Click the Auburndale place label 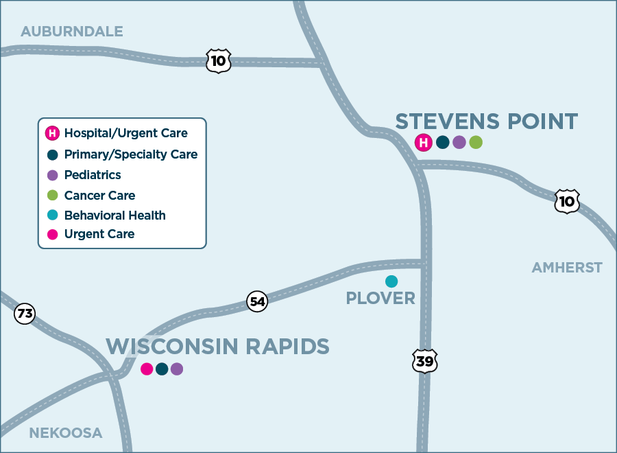tap(72, 32)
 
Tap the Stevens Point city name tap(487, 122)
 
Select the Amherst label tap(567, 268)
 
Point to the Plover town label tap(380, 299)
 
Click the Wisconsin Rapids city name tap(217, 347)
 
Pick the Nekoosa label tap(66, 433)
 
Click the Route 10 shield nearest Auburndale tap(219, 61)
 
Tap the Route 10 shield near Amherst tap(567, 200)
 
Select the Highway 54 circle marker tap(257, 301)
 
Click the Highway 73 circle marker tap(25, 314)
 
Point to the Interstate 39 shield tap(425, 361)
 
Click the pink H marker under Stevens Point tap(424, 143)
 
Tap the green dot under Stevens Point tap(476, 143)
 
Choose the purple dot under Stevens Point tap(459, 143)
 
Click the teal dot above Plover tap(391, 281)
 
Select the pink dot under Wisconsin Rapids tap(147, 369)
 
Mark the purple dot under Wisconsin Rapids tap(177, 369)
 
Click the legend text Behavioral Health tap(115, 215)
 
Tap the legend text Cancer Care tap(100, 196)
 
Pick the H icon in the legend tap(52, 133)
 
